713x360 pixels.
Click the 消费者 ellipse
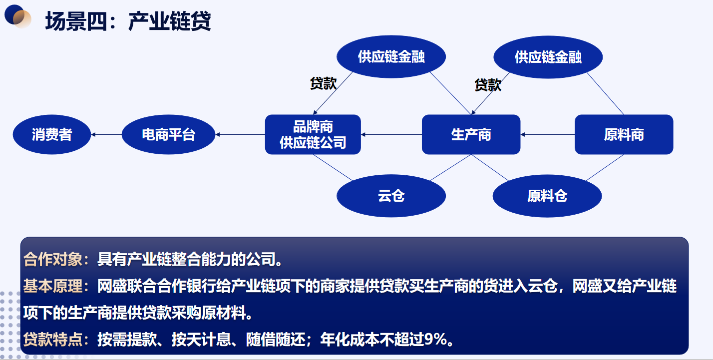[x=52, y=135]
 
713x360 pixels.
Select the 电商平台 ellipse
[x=168, y=135]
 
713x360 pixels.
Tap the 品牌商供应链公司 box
[x=313, y=135]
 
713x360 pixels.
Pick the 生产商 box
[x=471, y=135]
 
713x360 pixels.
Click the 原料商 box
[x=624, y=135]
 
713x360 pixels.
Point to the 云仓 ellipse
[x=391, y=196]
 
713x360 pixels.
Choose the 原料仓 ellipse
[x=547, y=196]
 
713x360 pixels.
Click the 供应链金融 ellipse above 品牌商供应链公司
[x=391, y=56]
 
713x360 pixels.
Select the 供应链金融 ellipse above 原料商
[x=548, y=57]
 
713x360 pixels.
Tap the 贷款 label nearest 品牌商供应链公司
[x=323, y=83]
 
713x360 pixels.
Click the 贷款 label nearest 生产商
[x=488, y=85]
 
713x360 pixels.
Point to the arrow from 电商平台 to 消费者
[x=107, y=135]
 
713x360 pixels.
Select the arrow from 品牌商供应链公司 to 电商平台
[x=240, y=135]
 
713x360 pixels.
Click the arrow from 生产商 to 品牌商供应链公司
[x=391, y=135]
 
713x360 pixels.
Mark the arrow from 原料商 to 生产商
[x=548, y=135]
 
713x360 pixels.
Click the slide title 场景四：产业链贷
[x=128, y=21]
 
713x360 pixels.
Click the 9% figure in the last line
[x=435, y=340]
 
